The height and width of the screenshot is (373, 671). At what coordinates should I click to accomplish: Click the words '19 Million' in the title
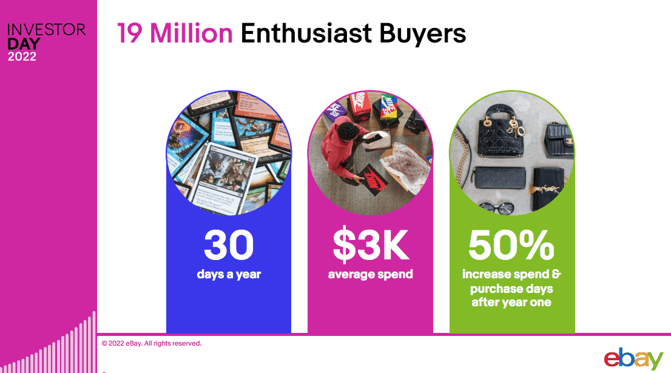(x=175, y=33)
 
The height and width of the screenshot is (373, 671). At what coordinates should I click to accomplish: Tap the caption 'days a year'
(x=229, y=274)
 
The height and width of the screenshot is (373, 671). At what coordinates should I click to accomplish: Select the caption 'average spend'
(x=370, y=274)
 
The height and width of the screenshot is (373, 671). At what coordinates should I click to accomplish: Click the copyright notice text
(x=151, y=343)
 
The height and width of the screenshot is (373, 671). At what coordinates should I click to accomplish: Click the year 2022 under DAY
(x=22, y=57)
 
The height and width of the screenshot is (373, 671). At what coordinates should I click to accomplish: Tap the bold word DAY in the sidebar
(x=24, y=44)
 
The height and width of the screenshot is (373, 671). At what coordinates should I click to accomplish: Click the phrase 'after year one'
(x=511, y=302)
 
